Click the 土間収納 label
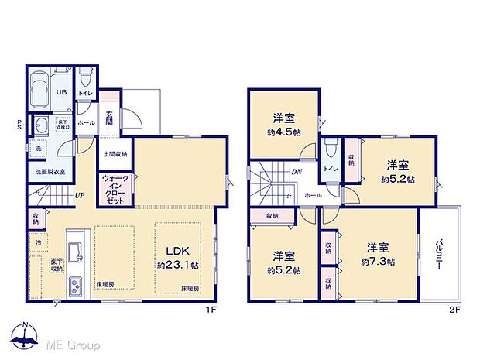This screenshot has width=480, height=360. coord(115,154)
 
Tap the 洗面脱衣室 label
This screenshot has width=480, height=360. coord(48,172)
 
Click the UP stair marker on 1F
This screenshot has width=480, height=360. coord(80,195)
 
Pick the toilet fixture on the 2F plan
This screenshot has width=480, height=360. coord(331,147)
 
